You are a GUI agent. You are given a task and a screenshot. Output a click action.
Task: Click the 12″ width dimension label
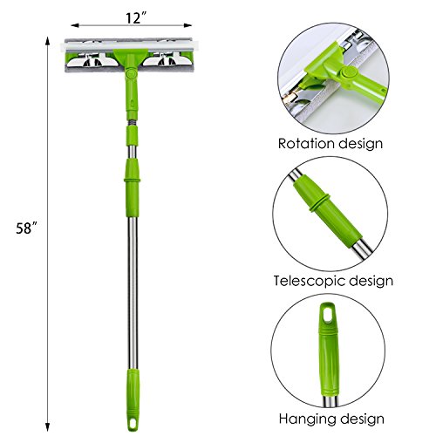(x=136, y=18)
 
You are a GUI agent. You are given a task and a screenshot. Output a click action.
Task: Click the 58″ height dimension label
(x=27, y=228)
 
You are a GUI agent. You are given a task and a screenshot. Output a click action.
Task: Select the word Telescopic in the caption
(x=309, y=282)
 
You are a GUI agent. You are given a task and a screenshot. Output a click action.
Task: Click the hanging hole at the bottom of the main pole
(x=133, y=422)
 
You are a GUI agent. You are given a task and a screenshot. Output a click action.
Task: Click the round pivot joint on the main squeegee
(x=132, y=72)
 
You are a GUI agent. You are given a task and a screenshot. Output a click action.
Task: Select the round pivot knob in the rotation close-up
(x=349, y=73)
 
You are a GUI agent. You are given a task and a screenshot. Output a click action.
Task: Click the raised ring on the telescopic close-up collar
(x=318, y=202)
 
